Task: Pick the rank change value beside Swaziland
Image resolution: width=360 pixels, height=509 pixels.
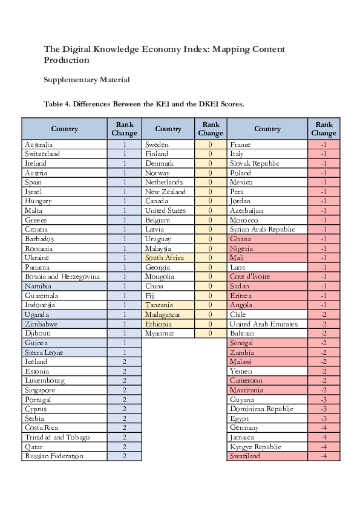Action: (324, 456)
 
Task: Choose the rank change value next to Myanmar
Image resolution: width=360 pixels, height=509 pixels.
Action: (210, 333)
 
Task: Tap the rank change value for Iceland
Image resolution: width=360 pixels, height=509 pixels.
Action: (125, 361)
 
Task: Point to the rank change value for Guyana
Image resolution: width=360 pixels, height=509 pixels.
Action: (324, 400)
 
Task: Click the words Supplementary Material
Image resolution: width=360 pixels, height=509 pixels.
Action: (87, 80)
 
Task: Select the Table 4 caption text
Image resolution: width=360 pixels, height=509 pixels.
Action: (143, 104)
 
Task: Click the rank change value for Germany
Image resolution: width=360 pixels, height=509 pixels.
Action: (324, 427)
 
